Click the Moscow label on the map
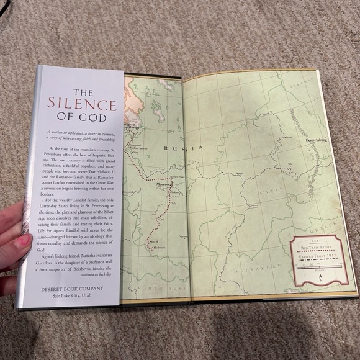coord(163,185)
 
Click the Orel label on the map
coord(163,219)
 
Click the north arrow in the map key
coord(319,276)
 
